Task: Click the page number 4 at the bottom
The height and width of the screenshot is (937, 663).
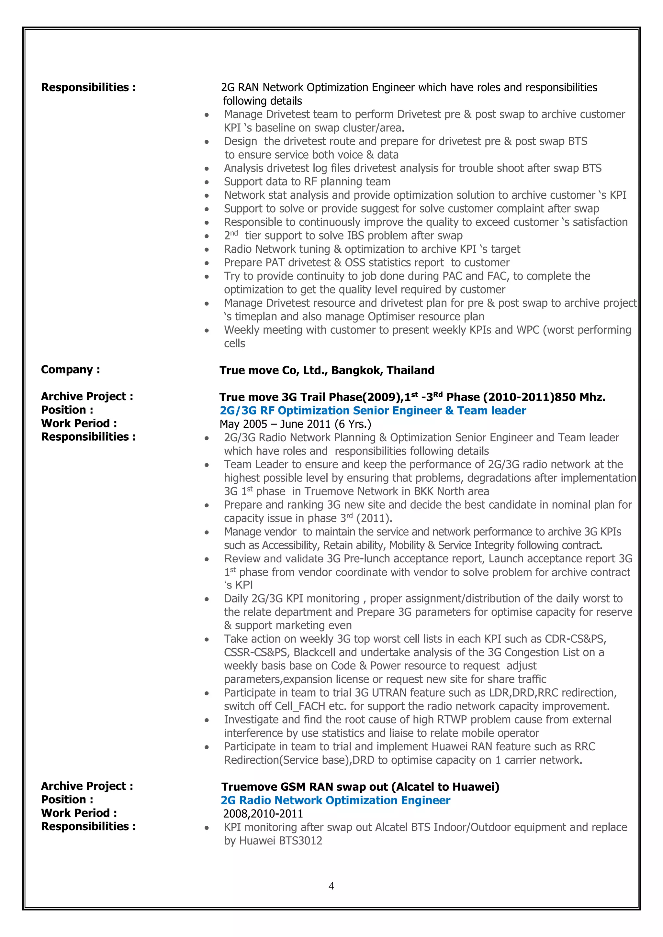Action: [x=331, y=886]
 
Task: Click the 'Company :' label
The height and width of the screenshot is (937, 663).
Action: [x=70, y=370]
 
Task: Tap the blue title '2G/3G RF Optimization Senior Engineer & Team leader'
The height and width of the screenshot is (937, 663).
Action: [x=372, y=411]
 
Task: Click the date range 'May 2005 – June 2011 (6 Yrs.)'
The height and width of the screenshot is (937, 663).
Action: [x=295, y=424]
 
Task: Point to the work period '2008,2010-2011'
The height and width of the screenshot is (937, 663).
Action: [x=263, y=814]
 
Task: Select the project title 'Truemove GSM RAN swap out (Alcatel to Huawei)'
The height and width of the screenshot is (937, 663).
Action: [x=360, y=787]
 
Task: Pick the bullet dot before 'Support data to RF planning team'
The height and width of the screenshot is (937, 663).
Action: [x=207, y=182]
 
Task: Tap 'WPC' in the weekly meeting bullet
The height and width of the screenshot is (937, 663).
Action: [x=527, y=330]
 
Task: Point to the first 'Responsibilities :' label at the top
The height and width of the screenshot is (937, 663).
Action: [x=88, y=87]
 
